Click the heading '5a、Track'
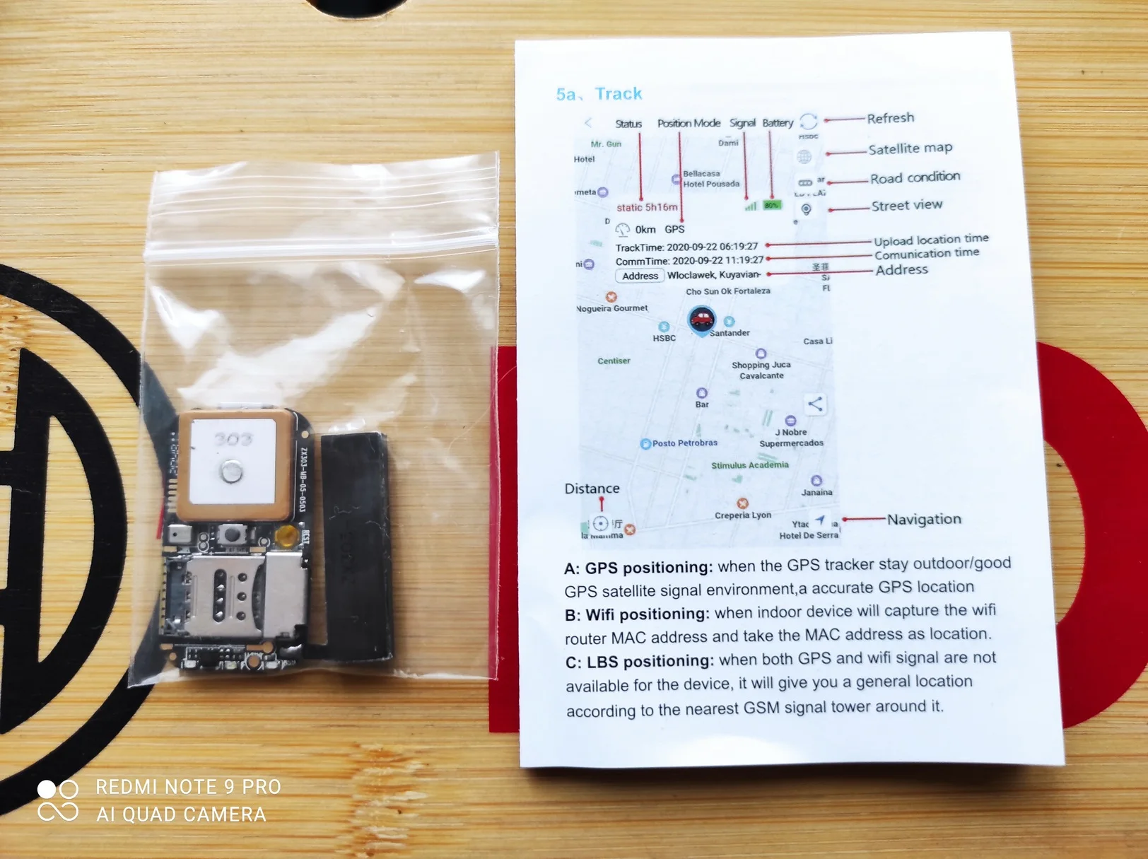coord(599,94)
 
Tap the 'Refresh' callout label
coord(890,118)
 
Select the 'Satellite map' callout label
coord(910,148)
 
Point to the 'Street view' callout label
coord(906,206)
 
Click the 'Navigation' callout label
coord(923,519)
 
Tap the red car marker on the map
coord(701,320)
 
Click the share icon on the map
coord(815,404)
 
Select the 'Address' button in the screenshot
coord(640,276)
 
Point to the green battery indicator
coord(771,205)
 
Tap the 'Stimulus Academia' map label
coord(749,465)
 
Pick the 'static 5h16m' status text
coord(646,207)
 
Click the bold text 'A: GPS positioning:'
coord(638,568)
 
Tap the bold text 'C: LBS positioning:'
coord(639,662)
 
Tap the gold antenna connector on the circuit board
coord(286,536)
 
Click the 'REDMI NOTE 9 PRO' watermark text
coord(188,787)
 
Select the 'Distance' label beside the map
coord(592,489)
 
